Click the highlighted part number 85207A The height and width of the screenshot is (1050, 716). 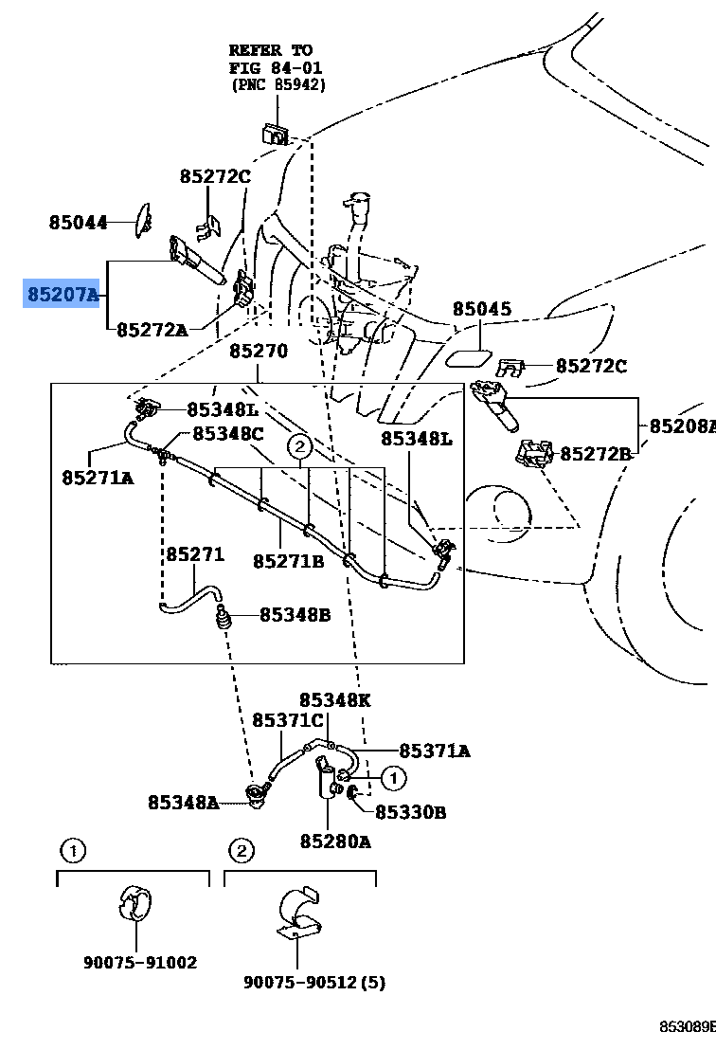point(63,295)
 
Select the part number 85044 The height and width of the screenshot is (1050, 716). point(78,223)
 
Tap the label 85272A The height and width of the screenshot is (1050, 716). point(152,330)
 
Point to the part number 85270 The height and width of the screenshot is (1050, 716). point(258,351)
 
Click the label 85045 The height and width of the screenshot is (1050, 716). point(481,309)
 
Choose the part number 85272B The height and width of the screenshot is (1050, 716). point(595,454)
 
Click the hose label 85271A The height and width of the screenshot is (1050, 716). point(98,478)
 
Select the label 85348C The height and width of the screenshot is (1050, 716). point(228,433)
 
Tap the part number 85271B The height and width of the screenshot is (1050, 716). point(288,562)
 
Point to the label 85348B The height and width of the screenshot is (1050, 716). point(295,614)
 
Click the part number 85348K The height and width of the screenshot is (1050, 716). point(335,700)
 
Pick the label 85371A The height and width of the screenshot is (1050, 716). point(434,751)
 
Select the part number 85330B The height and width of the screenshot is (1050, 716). point(410,812)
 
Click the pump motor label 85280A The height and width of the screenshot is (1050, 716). point(335,841)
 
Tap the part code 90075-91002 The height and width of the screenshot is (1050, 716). point(140,963)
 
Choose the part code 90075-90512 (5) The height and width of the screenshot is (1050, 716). point(313,983)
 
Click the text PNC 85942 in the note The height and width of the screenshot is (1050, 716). point(278,84)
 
